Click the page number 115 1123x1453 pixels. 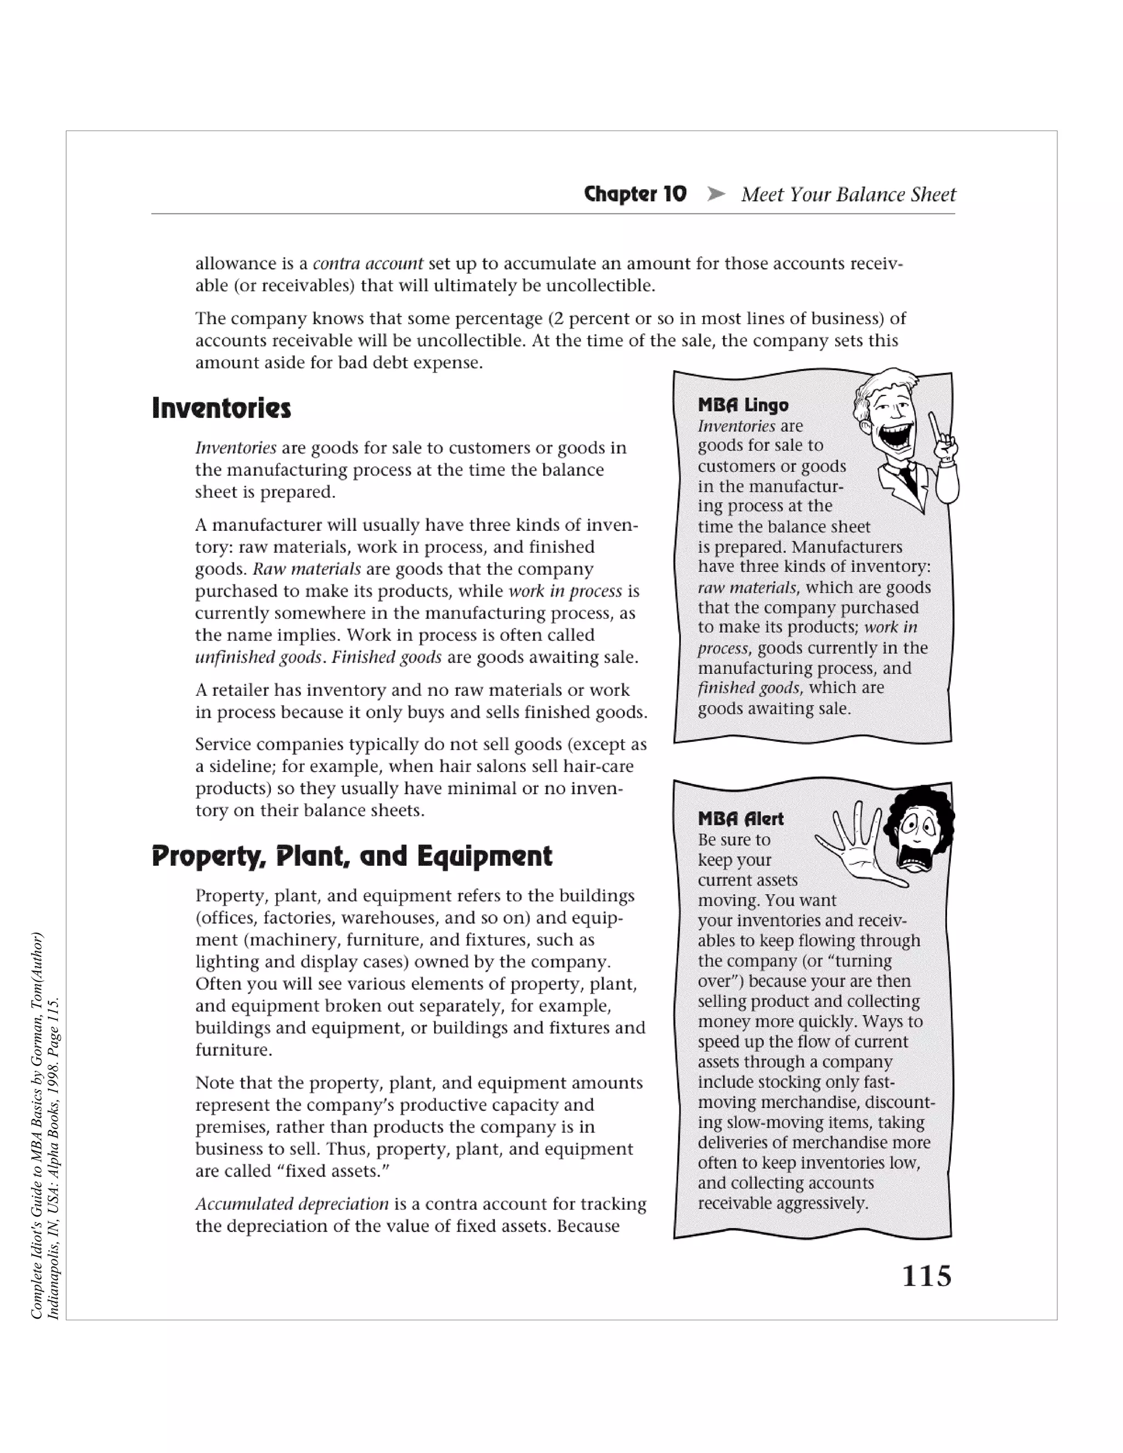point(926,1275)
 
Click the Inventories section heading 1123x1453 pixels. point(222,408)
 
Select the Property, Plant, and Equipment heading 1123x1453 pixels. point(352,855)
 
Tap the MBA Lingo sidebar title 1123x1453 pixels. point(743,405)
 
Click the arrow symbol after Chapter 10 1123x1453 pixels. point(715,194)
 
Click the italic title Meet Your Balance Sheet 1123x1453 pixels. point(848,194)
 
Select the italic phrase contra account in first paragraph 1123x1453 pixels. point(368,263)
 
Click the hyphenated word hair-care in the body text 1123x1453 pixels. point(598,767)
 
